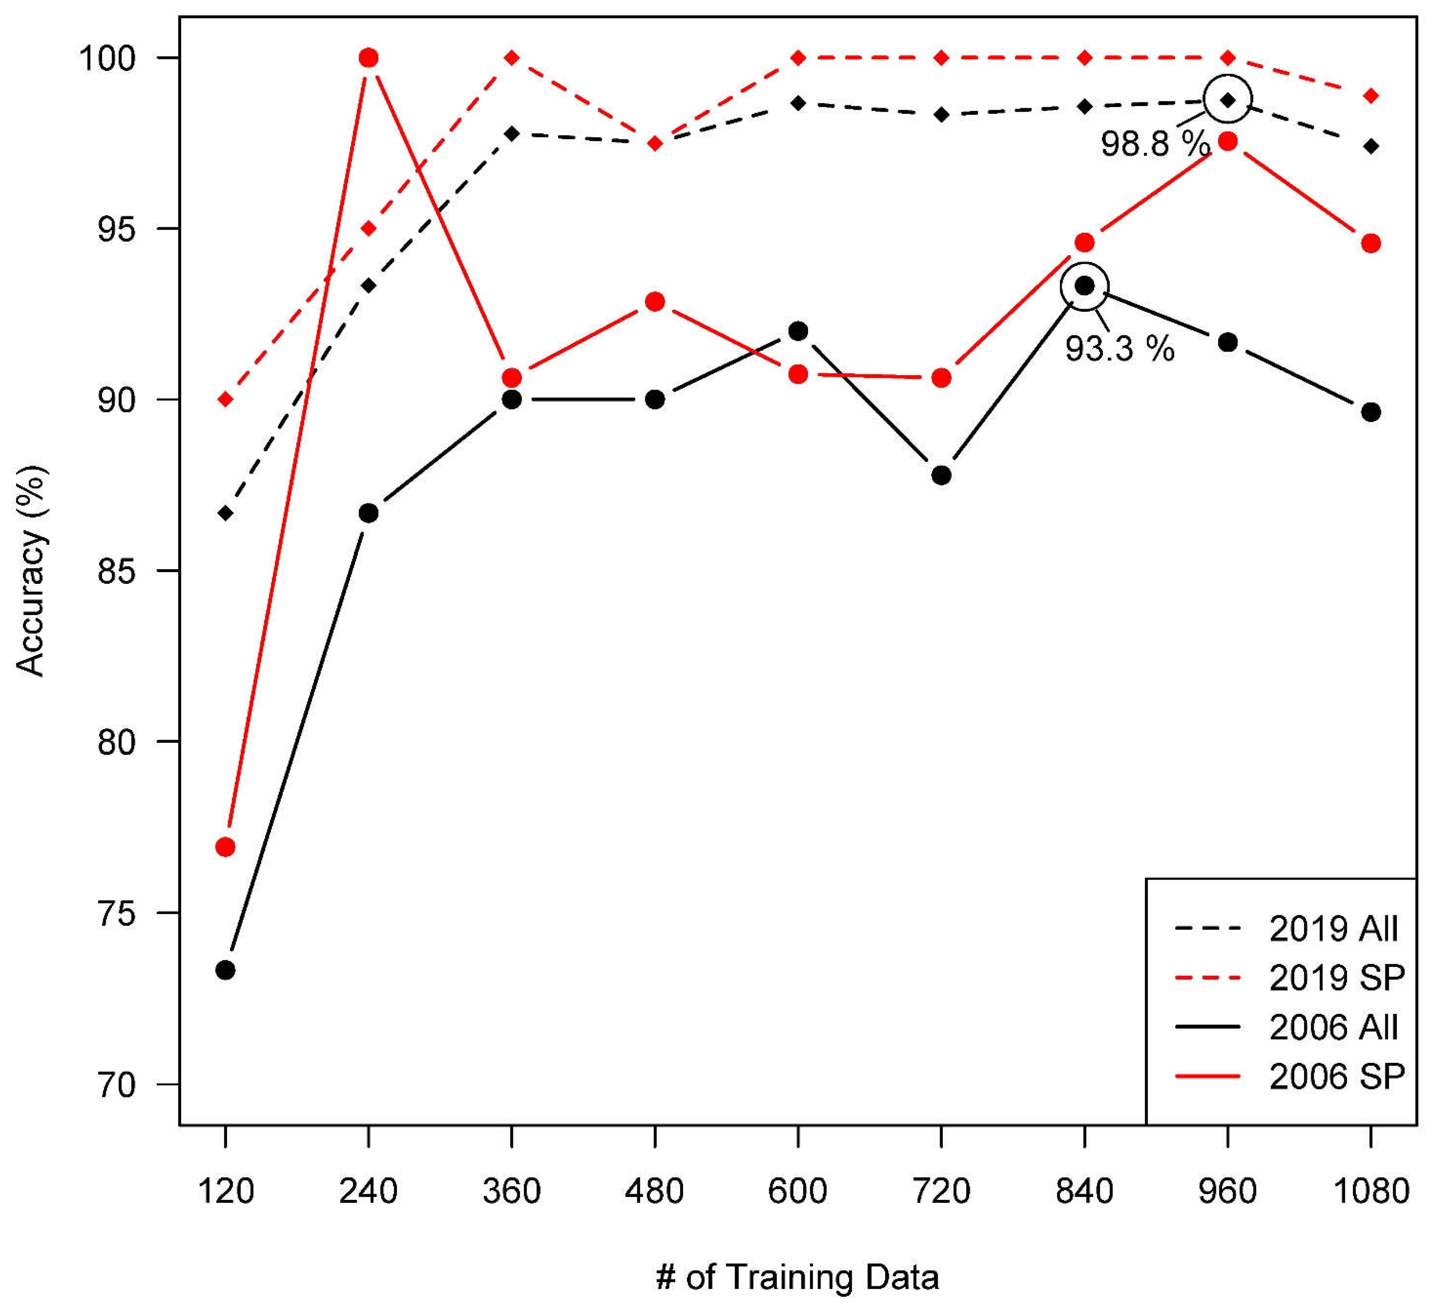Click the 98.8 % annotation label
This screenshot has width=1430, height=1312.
[x=1154, y=144]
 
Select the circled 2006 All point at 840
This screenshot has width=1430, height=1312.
[x=1084, y=286]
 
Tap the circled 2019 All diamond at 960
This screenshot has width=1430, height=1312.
[x=1228, y=100]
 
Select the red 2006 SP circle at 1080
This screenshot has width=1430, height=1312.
[x=1371, y=243]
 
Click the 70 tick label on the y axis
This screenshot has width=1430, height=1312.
[x=116, y=1085]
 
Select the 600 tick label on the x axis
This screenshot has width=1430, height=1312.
[x=798, y=1191]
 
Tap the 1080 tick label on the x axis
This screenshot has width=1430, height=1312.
[x=1371, y=1191]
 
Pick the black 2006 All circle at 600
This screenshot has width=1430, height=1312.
[x=798, y=331]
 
